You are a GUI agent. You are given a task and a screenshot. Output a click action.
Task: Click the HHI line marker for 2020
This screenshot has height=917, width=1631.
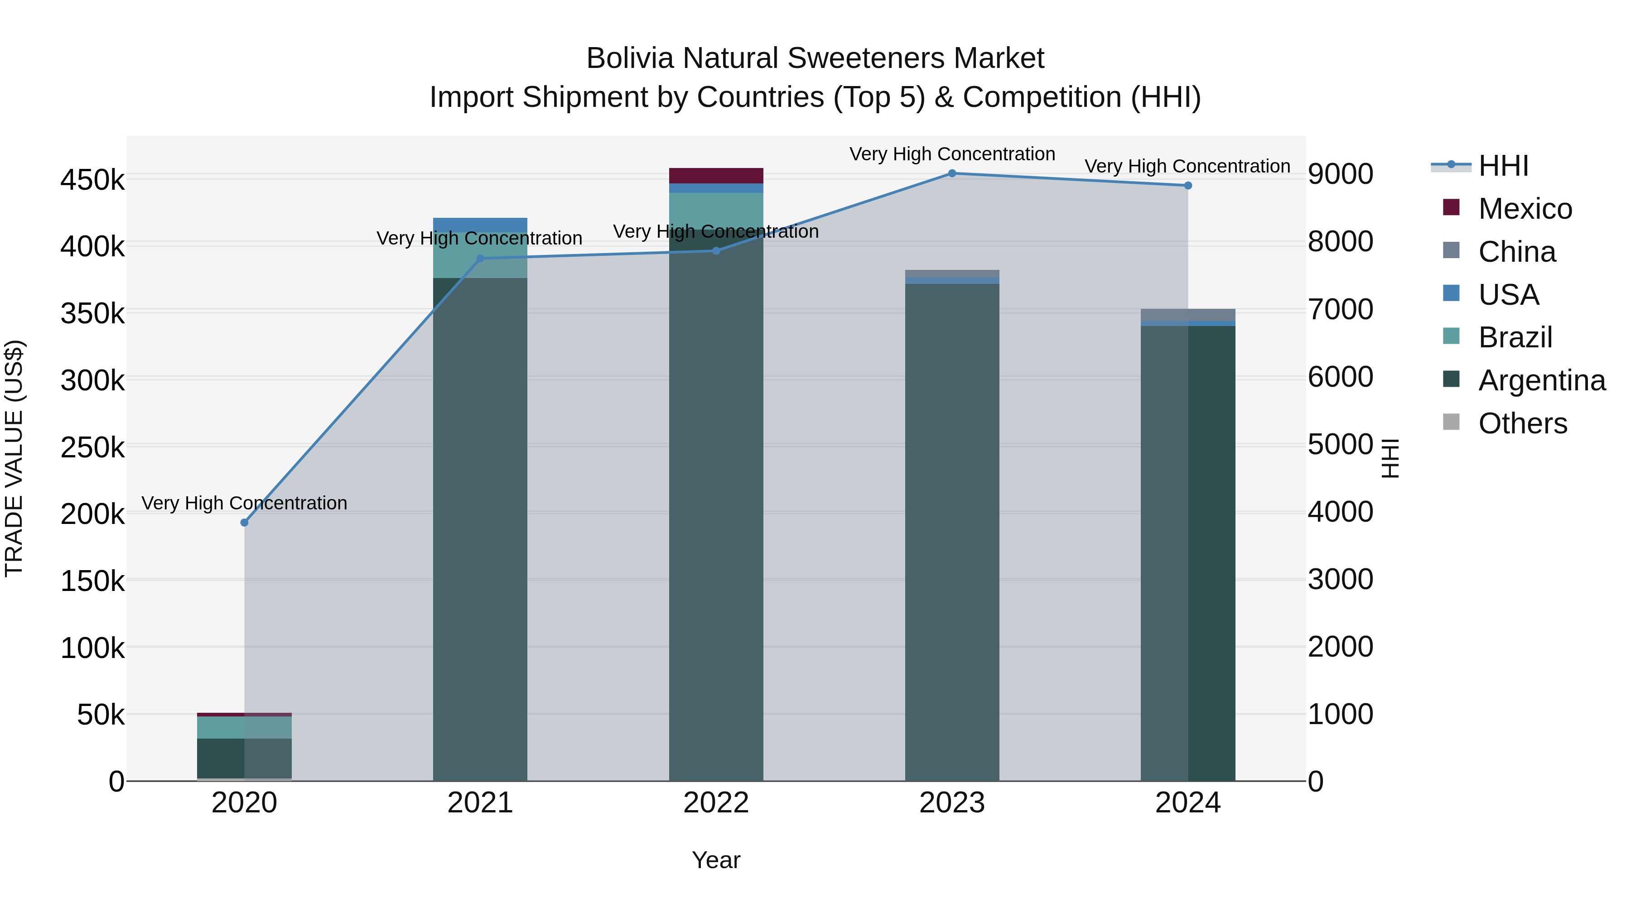tap(244, 522)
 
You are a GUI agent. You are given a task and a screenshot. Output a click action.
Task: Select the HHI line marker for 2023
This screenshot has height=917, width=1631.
tap(951, 173)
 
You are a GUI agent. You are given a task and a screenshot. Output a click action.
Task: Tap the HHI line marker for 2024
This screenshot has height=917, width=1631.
tap(1188, 185)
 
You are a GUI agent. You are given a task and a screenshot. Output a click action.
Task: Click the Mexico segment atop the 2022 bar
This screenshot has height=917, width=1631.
tap(716, 175)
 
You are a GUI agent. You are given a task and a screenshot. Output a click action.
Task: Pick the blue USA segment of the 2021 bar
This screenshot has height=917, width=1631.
tap(480, 224)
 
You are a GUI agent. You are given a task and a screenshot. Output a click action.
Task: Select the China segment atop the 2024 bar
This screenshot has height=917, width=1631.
tap(1188, 315)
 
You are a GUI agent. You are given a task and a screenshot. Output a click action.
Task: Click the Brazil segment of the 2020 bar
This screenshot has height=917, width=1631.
tap(244, 727)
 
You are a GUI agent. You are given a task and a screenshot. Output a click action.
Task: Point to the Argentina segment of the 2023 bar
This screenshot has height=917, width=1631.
tap(951, 532)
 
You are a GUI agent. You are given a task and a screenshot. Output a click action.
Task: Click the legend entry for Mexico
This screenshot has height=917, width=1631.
tap(1525, 209)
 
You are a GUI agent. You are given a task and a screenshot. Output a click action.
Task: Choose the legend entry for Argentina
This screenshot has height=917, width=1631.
tap(1541, 380)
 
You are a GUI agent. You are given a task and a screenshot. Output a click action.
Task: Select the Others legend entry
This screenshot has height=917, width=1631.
tap(1522, 423)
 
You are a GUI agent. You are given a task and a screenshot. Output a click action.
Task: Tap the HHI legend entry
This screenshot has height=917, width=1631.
tap(1503, 166)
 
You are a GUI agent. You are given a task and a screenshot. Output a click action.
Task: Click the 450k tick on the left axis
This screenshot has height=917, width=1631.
tap(92, 180)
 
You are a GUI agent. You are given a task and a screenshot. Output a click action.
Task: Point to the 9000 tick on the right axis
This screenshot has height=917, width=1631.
tap(1341, 174)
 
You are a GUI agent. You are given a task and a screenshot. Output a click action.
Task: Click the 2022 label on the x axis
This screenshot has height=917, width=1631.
tap(716, 803)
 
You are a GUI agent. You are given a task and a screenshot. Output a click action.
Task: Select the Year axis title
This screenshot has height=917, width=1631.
tap(716, 860)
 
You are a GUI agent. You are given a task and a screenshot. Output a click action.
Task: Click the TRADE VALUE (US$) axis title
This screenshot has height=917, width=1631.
tap(14, 458)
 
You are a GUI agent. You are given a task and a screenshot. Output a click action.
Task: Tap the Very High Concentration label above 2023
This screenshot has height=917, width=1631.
tap(951, 154)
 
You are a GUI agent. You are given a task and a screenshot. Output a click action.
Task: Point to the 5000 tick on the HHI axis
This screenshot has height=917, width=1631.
tap(1341, 444)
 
